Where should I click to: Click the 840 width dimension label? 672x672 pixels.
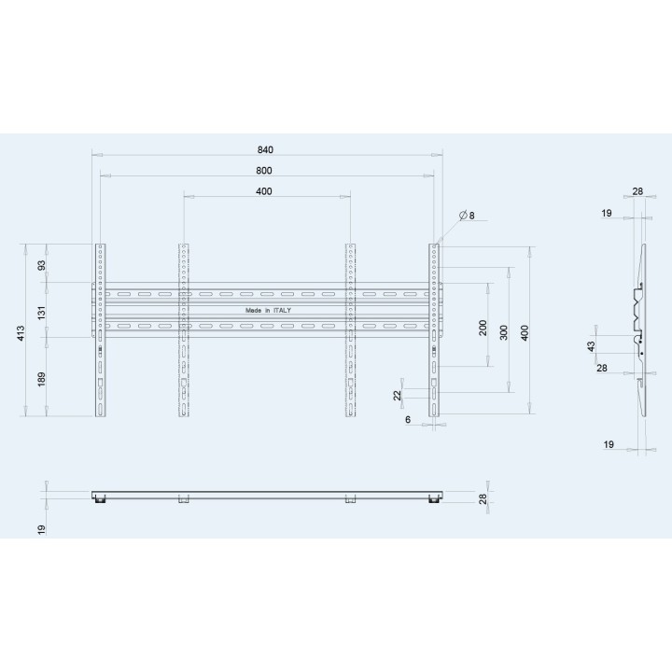click(265, 150)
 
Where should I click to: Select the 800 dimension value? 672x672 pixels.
click(264, 171)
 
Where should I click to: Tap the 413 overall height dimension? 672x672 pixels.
click(21, 333)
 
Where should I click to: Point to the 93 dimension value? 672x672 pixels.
click(42, 266)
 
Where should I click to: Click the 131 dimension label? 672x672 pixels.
click(42, 313)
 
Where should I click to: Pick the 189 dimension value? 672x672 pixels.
click(42, 379)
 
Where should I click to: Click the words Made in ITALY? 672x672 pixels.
click(268, 310)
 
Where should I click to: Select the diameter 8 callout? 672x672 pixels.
click(467, 216)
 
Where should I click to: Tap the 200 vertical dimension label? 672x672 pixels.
click(483, 328)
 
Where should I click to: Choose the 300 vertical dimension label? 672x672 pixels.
click(504, 332)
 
